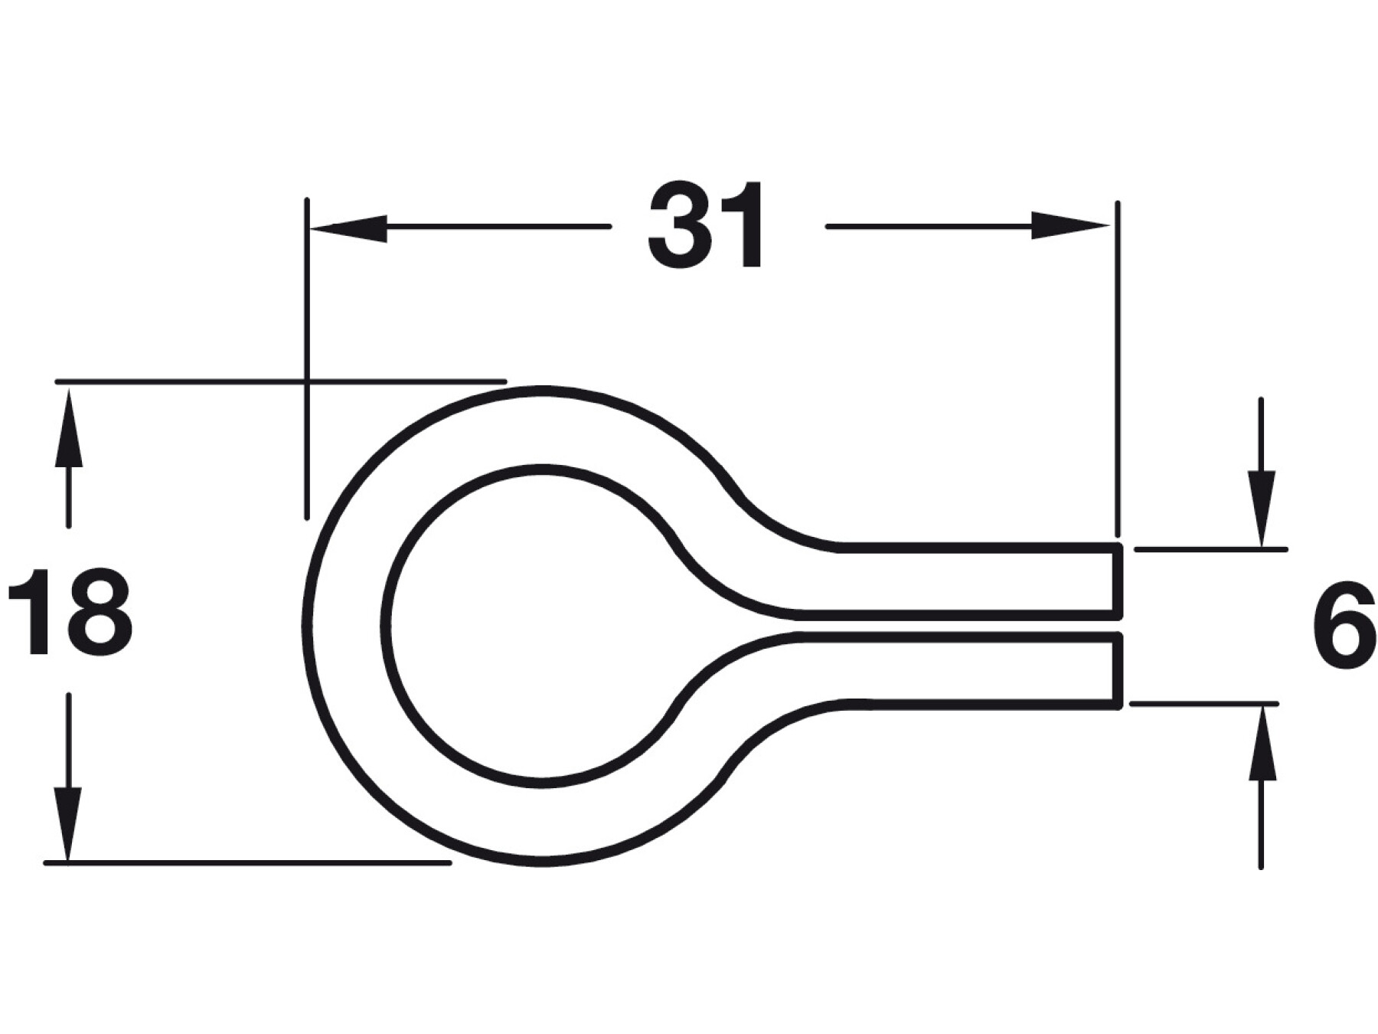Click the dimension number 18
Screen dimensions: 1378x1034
70,611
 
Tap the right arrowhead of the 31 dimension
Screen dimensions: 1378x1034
1070,225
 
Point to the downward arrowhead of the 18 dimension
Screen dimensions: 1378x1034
68,823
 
